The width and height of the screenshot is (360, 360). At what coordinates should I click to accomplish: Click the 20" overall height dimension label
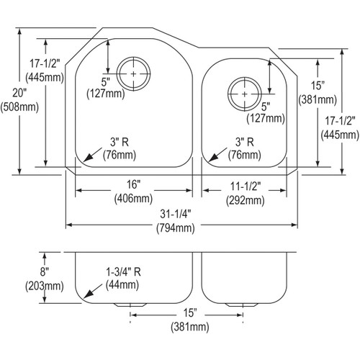coord(19,93)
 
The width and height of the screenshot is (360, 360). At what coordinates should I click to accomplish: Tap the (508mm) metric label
coord(19,107)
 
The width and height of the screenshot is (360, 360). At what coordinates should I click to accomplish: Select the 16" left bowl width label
coord(133,184)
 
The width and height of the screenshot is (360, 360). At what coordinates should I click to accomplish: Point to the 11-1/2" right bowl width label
coord(246,186)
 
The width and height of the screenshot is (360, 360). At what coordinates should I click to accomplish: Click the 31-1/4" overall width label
coord(176,214)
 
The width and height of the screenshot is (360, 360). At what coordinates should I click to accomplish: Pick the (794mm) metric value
coord(176,228)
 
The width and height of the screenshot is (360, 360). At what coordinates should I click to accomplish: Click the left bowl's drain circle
coord(133,73)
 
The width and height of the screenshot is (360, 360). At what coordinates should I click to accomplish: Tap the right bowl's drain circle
coord(244,94)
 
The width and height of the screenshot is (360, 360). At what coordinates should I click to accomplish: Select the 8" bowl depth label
coord(45,272)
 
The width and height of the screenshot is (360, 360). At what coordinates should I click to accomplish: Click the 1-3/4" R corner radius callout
coord(123,272)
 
